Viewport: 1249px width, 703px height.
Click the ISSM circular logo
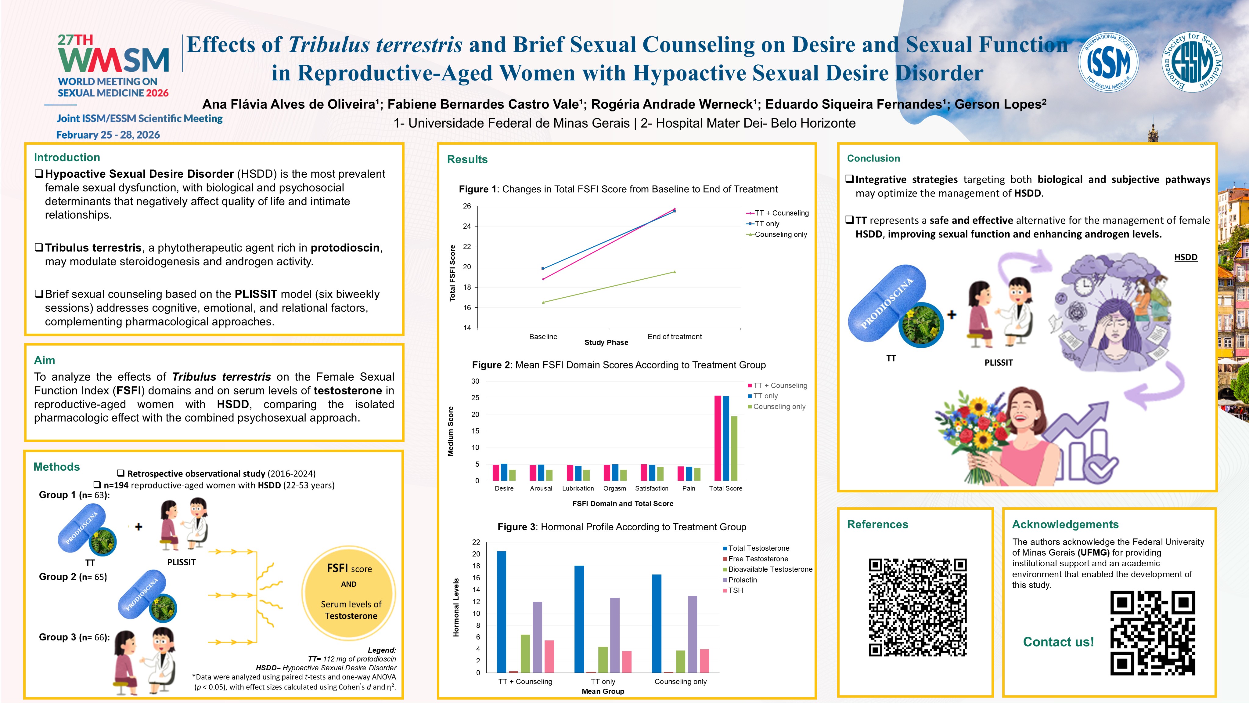pyautogui.click(x=1108, y=62)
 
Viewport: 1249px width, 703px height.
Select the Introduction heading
pyautogui.click(x=67, y=157)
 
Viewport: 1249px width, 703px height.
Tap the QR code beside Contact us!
pyautogui.click(x=1153, y=633)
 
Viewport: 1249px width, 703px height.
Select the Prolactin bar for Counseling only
pyautogui.click(x=693, y=634)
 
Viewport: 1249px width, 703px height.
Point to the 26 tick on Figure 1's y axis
pyautogui.click(x=467, y=206)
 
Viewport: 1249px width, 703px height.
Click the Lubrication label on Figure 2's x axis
pyautogui.click(x=578, y=488)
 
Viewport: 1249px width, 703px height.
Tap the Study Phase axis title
pyautogui.click(x=606, y=342)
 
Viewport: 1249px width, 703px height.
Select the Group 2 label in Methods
pyautogui.click(x=73, y=577)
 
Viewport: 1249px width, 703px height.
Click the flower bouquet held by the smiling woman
pyautogui.click(x=974, y=439)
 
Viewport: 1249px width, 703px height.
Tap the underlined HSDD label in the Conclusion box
pyautogui.click(x=1186, y=257)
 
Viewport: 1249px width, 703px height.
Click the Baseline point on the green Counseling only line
pyautogui.click(x=543, y=302)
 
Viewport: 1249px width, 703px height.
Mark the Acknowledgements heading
pyautogui.click(x=1065, y=524)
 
